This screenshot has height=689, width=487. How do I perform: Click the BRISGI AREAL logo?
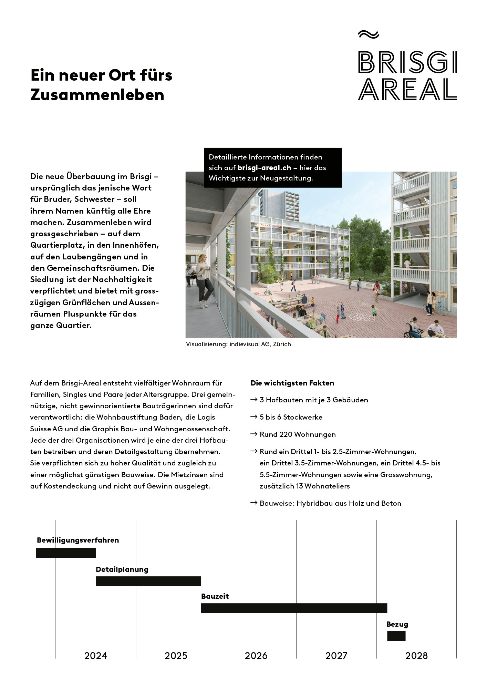click(x=407, y=76)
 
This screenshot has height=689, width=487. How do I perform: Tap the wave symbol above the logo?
click(x=368, y=34)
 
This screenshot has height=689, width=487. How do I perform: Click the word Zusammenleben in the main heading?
click(x=97, y=95)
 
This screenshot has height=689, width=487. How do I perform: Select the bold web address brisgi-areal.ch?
click(x=264, y=168)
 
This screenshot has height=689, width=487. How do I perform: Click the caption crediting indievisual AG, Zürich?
click(x=238, y=344)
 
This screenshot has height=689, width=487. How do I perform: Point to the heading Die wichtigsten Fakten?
click(x=292, y=383)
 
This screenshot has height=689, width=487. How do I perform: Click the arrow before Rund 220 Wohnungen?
click(x=254, y=434)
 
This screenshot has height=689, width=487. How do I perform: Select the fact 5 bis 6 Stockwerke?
click(x=291, y=417)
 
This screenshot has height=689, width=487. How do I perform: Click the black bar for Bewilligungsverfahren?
click(x=66, y=553)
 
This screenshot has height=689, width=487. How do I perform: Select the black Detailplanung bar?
click(x=148, y=581)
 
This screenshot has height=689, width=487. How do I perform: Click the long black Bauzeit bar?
click(x=294, y=608)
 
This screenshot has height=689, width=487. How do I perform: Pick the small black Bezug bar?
click(x=396, y=636)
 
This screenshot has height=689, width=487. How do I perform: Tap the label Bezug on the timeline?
click(x=397, y=624)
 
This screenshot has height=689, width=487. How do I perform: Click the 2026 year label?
click(x=256, y=656)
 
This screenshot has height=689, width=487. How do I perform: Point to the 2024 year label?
click(x=96, y=656)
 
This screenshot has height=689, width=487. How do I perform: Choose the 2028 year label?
click(x=416, y=656)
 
